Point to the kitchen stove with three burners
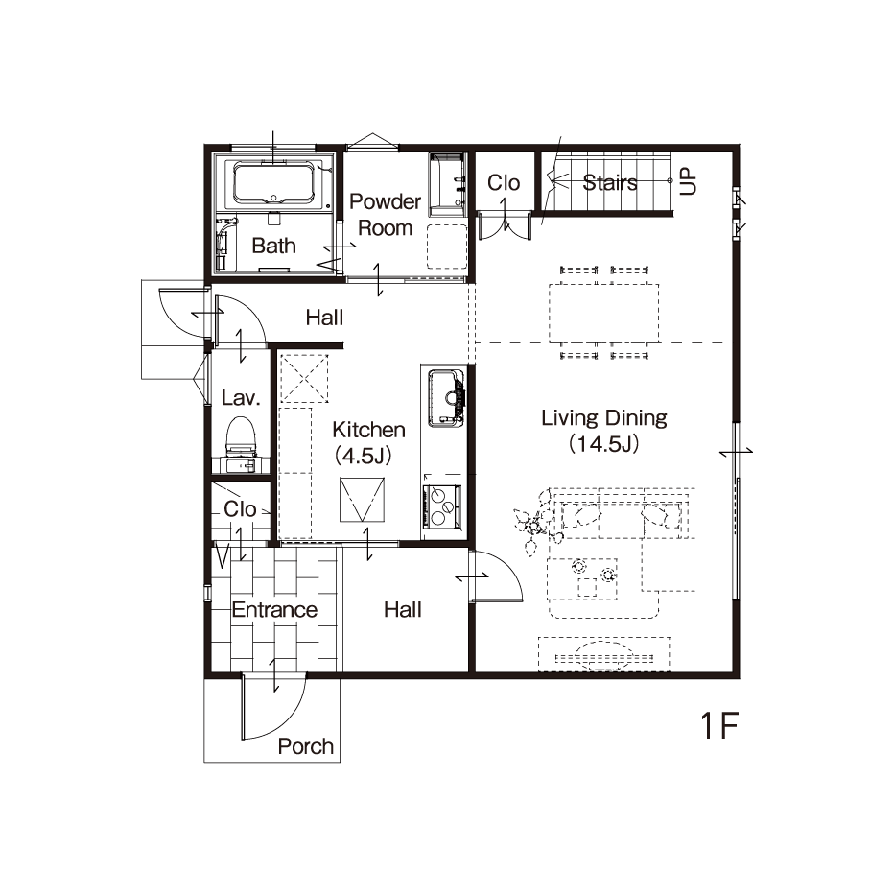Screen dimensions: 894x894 tap(442, 506)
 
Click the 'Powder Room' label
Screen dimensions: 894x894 tap(385, 214)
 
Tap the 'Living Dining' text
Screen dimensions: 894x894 tap(603, 418)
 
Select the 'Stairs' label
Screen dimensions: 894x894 tap(609, 182)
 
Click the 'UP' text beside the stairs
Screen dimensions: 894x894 tap(688, 180)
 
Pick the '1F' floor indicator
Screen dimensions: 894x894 tap(719, 725)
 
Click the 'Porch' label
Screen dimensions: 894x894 tap(306, 746)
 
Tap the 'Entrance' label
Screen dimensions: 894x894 tap(274, 609)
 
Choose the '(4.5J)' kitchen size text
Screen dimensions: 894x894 tap(364, 456)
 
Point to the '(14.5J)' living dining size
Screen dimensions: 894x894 tap(603, 443)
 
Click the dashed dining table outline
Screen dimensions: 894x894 tap(603, 313)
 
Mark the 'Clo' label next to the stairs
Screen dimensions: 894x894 tap(504, 182)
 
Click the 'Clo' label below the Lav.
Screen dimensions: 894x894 tap(240, 508)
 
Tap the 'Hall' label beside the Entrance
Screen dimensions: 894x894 tap(403, 609)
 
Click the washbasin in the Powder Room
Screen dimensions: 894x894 tap(447, 184)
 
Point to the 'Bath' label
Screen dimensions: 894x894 tap(273, 246)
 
